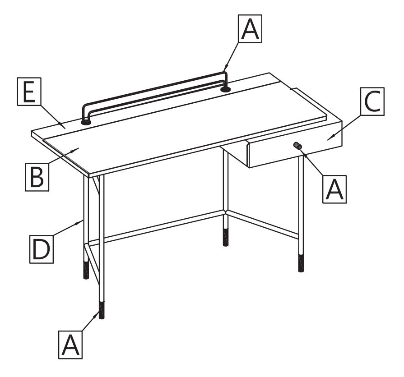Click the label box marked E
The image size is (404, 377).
(x=29, y=92)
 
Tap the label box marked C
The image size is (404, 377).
(x=372, y=101)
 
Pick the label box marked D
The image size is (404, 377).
(x=42, y=249)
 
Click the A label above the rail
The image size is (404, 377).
(x=250, y=28)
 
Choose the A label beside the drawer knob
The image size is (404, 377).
(x=334, y=189)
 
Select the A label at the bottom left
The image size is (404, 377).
(x=70, y=345)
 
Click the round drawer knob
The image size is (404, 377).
(x=297, y=146)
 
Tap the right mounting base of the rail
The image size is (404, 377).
(x=225, y=90)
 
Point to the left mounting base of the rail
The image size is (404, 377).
(x=86, y=122)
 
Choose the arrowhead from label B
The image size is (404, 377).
(x=75, y=150)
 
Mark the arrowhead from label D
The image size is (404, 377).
(x=79, y=223)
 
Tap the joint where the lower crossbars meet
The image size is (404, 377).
(x=226, y=212)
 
